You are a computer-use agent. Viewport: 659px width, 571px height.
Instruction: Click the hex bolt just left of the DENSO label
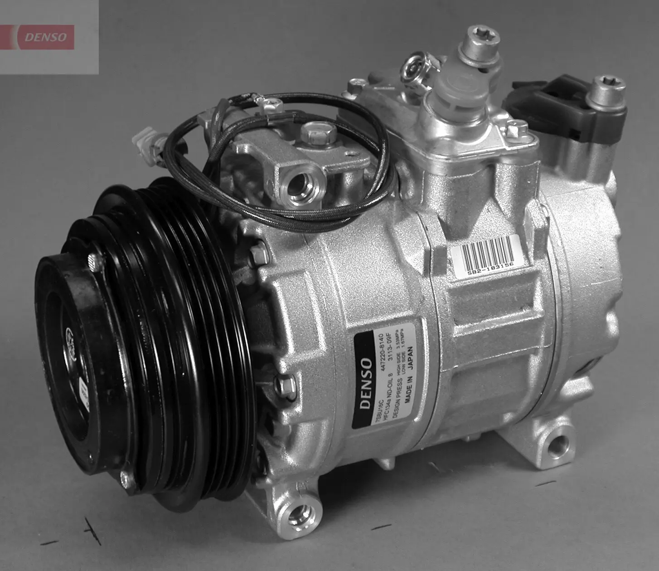pos(284,385)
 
